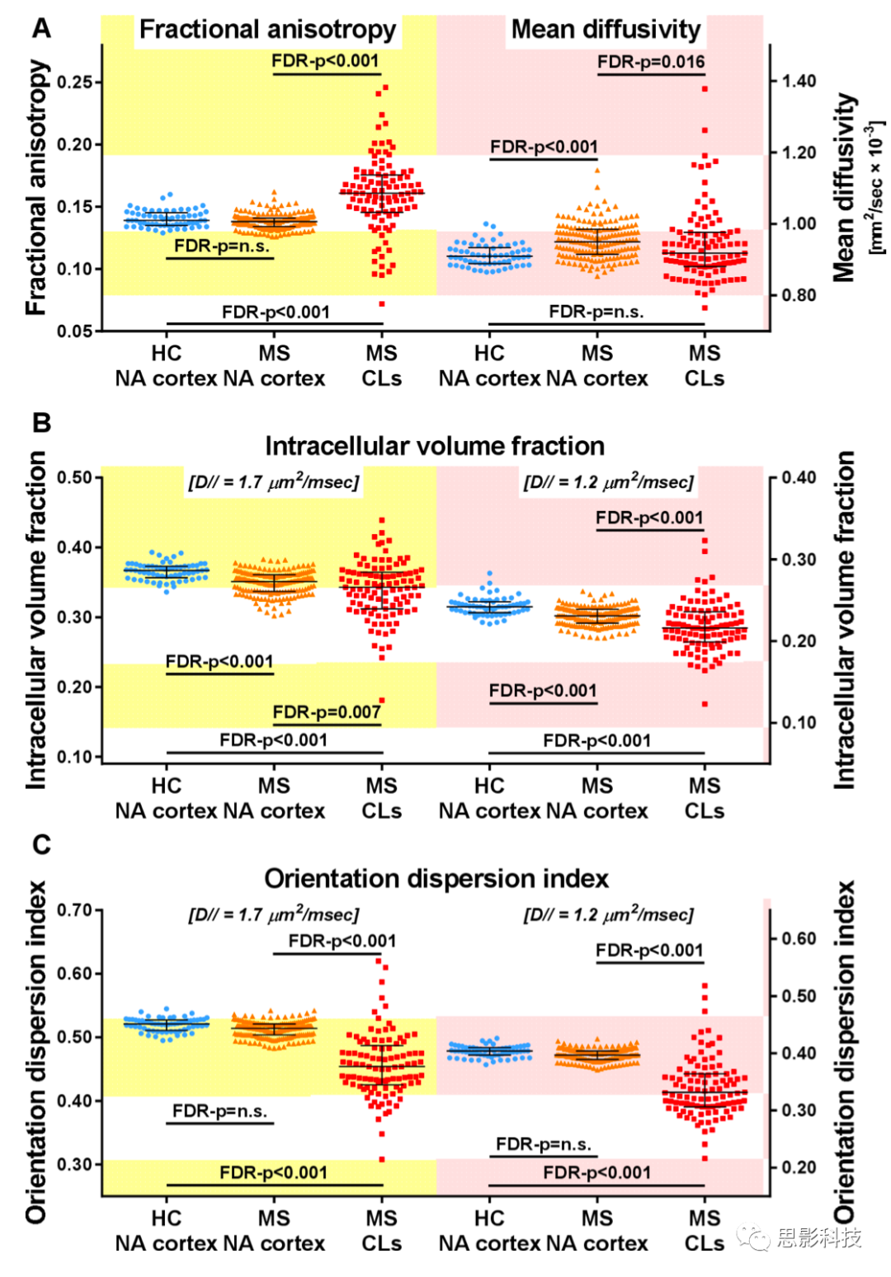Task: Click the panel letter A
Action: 41,28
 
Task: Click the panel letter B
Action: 41,422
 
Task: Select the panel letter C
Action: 41,844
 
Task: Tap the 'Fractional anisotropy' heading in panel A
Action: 267,30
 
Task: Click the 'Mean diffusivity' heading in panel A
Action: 606,30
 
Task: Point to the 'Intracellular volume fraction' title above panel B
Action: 435,446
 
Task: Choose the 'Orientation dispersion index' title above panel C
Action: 436,879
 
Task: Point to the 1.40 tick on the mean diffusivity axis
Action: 799,81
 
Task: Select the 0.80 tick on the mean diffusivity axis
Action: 799,294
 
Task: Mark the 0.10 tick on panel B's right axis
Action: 799,722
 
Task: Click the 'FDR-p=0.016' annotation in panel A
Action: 651,62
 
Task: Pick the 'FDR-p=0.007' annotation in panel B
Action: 327,712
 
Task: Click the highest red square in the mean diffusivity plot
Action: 705,88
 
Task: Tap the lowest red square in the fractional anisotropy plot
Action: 382,303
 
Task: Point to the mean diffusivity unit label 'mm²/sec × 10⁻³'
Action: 876,188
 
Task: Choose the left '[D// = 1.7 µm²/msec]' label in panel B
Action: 274,482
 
